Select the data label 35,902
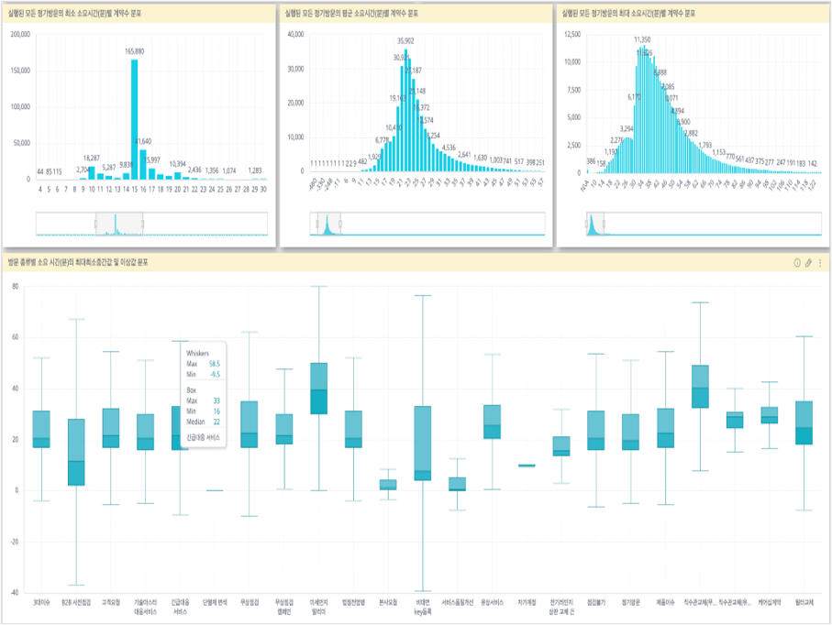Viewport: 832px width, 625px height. (405, 40)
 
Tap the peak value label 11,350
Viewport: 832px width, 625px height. (642, 39)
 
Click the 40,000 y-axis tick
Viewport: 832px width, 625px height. (295, 34)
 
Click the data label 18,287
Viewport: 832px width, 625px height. (92, 158)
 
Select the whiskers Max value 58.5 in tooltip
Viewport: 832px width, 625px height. (213, 364)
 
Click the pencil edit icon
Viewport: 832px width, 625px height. (808, 263)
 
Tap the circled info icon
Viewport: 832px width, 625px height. (796, 263)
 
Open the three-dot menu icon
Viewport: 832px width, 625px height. (820, 263)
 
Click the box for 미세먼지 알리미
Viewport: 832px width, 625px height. (319, 389)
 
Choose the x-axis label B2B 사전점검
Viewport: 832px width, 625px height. (76, 602)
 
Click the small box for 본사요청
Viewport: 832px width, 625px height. (389, 485)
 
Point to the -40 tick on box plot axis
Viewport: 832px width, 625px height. (14, 592)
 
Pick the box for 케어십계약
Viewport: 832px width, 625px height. (771, 415)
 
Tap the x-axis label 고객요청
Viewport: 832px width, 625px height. (110, 602)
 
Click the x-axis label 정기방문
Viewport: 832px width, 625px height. (632, 602)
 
